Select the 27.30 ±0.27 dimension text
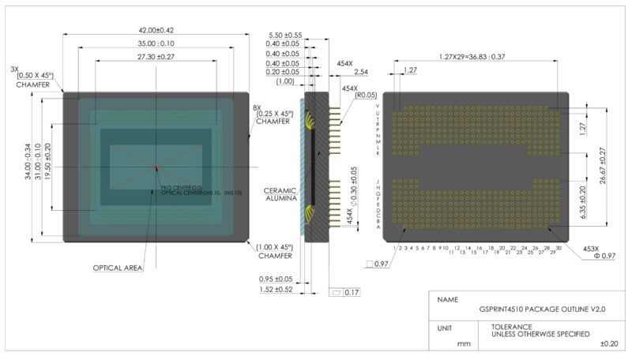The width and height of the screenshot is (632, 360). coord(156,57)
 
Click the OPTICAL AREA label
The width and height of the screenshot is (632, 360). coord(118,268)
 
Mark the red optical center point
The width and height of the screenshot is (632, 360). coord(156,167)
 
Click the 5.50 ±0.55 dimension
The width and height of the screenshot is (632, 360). coord(286,36)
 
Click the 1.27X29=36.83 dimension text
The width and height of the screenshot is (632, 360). coord(472,57)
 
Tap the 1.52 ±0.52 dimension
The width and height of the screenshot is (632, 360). coord(277,290)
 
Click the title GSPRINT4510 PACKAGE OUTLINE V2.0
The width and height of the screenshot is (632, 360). coord(542,310)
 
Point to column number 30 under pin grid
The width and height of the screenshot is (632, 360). coord(559,248)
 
